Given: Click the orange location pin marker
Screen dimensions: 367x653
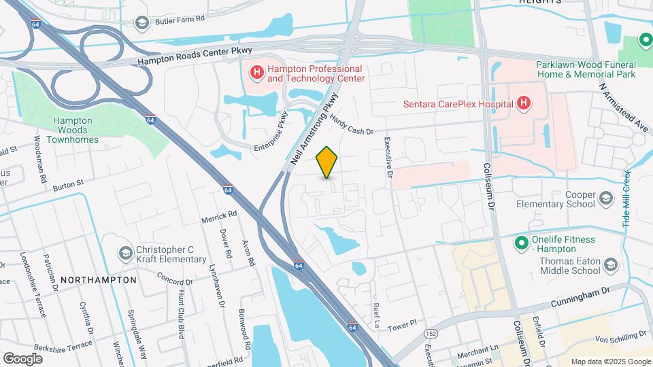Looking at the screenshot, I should (327, 162).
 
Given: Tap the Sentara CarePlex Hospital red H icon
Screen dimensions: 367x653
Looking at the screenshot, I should (523, 103).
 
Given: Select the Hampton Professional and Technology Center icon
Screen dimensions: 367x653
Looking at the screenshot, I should (256, 72).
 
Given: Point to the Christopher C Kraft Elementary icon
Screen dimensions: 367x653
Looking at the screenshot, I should (124, 254).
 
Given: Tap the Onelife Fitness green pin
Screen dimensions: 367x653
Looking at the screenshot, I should (521, 243).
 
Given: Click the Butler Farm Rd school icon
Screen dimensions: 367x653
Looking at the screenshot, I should (142, 23).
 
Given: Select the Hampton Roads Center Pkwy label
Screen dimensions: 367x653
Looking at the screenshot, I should (195, 55).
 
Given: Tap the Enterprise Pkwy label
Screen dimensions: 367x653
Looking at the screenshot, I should (270, 130).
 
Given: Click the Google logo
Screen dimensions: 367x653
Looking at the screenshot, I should (22, 358).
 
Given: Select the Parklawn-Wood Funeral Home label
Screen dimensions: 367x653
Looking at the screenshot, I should (586, 69).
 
